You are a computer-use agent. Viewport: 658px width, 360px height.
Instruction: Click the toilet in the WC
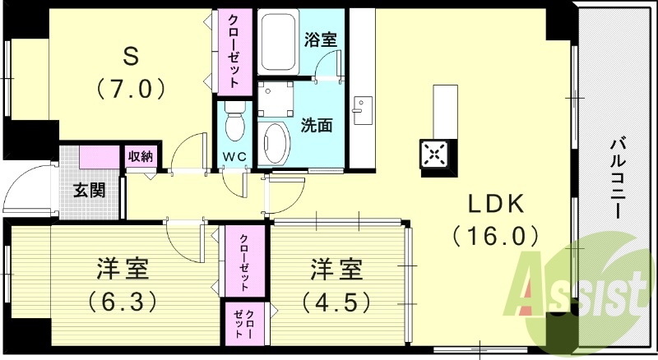pyautogui.click(x=234, y=123)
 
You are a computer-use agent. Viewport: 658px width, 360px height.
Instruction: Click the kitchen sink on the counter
pyautogui.click(x=362, y=111)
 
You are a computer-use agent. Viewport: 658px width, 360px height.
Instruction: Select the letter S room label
pyautogui.click(x=131, y=55)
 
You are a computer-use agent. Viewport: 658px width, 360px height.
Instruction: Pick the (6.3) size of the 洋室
pyautogui.click(x=123, y=302)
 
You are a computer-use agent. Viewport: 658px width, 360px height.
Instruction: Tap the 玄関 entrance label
pyautogui.click(x=90, y=190)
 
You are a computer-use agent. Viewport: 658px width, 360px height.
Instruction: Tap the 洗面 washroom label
pyautogui.click(x=317, y=126)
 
